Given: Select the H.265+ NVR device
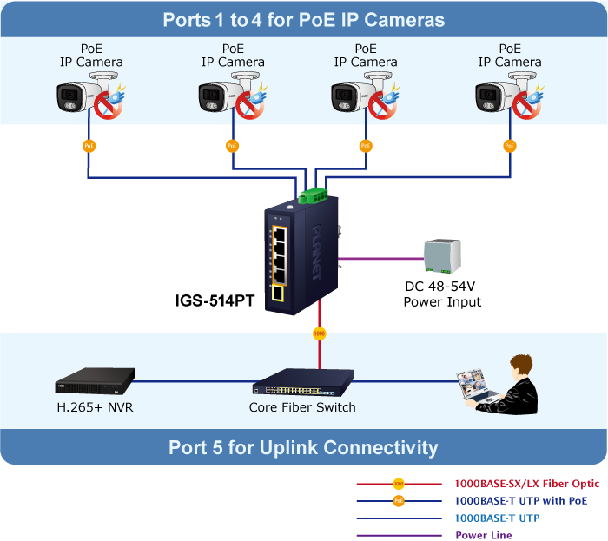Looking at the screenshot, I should pos(95,379).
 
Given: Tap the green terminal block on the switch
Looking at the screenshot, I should pos(314,194).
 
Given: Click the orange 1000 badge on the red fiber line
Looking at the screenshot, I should pos(320,333).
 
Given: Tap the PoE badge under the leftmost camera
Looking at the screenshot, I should pos(89,146).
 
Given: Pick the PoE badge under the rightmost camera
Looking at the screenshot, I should pos(509,146).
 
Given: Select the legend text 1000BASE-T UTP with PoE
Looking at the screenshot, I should pos(521,501).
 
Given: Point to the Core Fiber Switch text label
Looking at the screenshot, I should pos(302,406).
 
